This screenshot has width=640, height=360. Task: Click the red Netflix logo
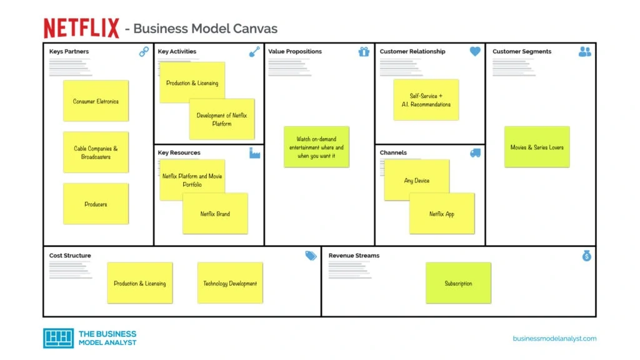(81, 28)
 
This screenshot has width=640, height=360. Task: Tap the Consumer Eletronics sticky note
(96, 101)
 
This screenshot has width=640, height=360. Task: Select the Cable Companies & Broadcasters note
(96, 152)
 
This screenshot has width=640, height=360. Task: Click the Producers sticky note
(96, 204)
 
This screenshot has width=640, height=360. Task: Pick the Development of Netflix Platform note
(222, 119)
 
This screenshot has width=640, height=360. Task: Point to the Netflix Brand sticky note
(215, 214)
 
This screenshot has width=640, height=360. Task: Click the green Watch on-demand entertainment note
(316, 147)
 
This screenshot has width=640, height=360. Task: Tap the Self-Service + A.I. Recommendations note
(426, 100)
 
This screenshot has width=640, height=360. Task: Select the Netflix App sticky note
(442, 214)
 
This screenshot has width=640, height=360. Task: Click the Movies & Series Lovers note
(537, 147)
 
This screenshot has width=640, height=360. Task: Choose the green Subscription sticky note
(458, 283)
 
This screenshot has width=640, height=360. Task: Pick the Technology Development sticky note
(230, 283)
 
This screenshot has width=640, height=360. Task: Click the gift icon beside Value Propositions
(364, 52)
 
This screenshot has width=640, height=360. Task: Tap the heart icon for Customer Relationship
(475, 52)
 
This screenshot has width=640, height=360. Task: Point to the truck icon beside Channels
(475, 153)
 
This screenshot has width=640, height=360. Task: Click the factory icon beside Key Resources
(254, 153)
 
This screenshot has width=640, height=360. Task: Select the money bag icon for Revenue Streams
(586, 256)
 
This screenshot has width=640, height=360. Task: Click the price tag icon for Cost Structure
(311, 256)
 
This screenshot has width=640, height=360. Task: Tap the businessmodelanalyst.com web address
(554, 339)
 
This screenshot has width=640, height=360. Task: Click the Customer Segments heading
(522, 52)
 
